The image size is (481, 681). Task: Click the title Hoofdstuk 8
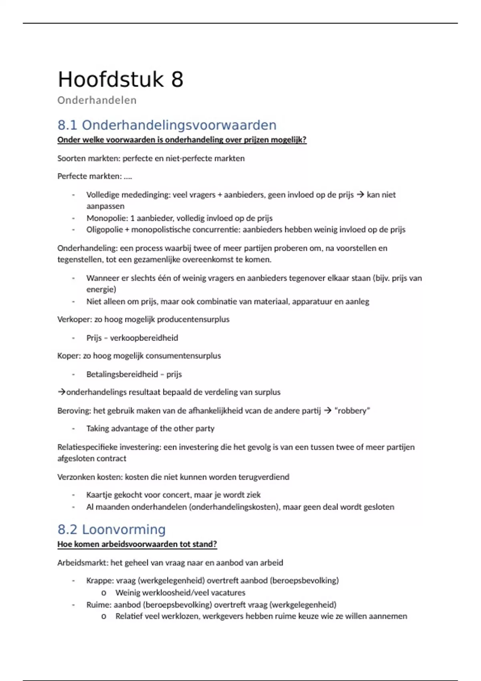(120, 79)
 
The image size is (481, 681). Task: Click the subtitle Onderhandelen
(97, 100)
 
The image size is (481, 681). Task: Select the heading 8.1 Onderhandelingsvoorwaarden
(167, 125)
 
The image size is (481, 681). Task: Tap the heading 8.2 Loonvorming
(111, 529)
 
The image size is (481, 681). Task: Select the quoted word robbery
(352, 411)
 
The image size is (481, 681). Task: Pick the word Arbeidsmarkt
(82, 563)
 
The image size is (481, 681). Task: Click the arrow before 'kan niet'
(360, 195)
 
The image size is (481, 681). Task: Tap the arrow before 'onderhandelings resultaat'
(61, 392)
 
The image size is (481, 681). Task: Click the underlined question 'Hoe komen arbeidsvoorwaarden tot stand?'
(137, 544)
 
